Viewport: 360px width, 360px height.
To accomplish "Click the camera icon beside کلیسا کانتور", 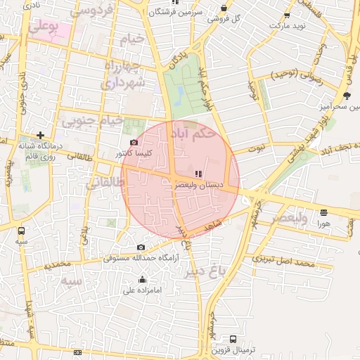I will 134,143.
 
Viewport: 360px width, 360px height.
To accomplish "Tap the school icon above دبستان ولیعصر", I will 198,174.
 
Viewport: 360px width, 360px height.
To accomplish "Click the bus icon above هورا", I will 323,212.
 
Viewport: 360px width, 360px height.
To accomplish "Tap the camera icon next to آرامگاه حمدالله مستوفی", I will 141,247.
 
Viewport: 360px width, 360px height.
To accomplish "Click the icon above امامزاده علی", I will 143,280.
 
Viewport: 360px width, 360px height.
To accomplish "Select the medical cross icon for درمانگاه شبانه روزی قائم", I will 40,135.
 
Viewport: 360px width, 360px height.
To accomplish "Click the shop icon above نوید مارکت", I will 286,15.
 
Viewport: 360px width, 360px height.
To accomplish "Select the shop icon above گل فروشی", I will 224,8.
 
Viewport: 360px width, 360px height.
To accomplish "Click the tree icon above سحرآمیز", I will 347,96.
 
